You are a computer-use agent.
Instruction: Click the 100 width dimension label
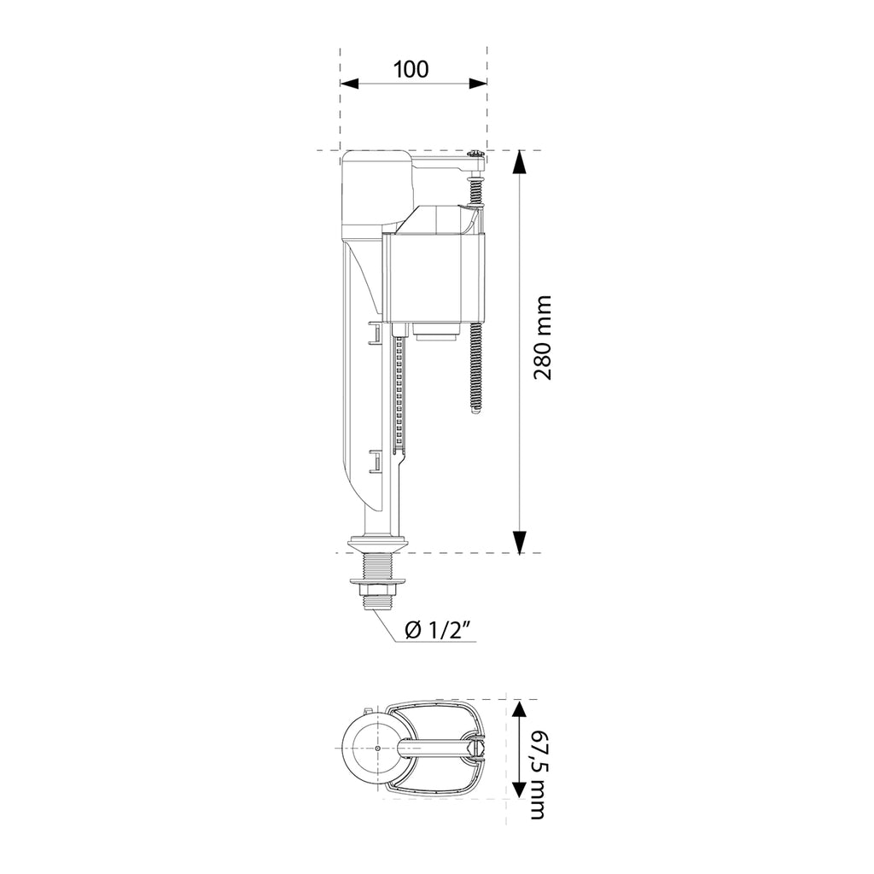411,69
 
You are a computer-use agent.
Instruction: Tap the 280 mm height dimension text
542,338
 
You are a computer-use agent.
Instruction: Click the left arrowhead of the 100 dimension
349,84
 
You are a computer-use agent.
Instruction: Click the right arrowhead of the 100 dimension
478,84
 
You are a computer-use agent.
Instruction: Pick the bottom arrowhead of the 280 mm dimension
520,542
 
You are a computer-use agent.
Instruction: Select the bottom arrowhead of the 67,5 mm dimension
519,788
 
